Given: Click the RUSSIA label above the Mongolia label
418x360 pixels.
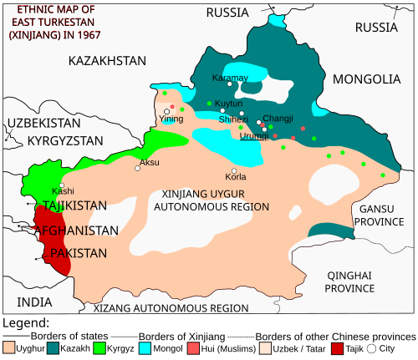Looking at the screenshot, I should (375, 28).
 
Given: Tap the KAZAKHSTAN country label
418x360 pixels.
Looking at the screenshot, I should (107, 61).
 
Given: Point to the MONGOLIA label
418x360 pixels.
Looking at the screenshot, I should (367, 79).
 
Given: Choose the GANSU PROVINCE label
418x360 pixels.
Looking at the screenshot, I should (379, 215).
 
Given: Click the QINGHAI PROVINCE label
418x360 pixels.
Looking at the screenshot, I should (349, 281).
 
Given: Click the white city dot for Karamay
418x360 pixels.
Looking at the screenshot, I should (229, 84).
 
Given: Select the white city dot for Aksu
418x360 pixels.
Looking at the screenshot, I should (138, 168).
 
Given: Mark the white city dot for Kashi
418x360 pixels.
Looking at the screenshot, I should (62, 185).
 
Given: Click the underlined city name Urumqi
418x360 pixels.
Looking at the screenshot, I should (254, 135).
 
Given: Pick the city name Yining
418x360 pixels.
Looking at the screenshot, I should (171, 119).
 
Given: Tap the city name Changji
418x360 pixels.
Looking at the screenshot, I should (277, 119).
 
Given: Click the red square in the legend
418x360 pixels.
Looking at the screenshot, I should (337, 347).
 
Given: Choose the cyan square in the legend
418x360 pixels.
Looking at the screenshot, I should (145, 347).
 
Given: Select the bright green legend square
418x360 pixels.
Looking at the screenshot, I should (99, 347).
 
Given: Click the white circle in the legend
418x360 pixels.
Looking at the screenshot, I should (371, 347).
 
